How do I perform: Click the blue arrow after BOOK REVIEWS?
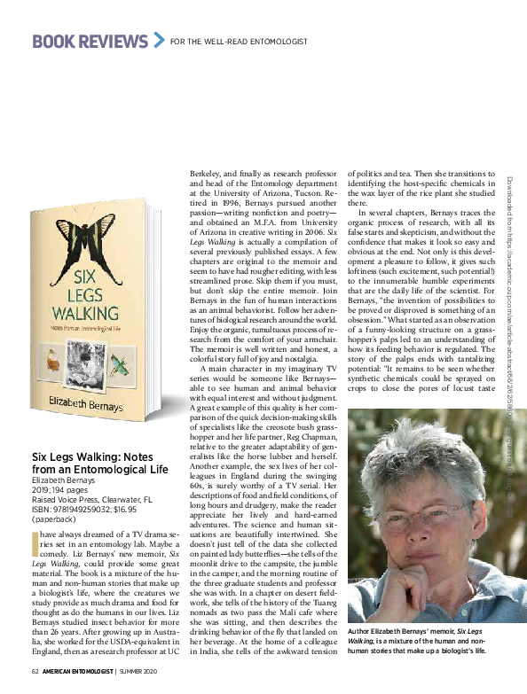(x=159, y=39)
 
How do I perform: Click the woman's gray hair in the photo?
(x=417, y=443)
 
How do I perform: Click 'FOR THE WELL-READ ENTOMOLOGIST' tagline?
(x=232, y=41)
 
